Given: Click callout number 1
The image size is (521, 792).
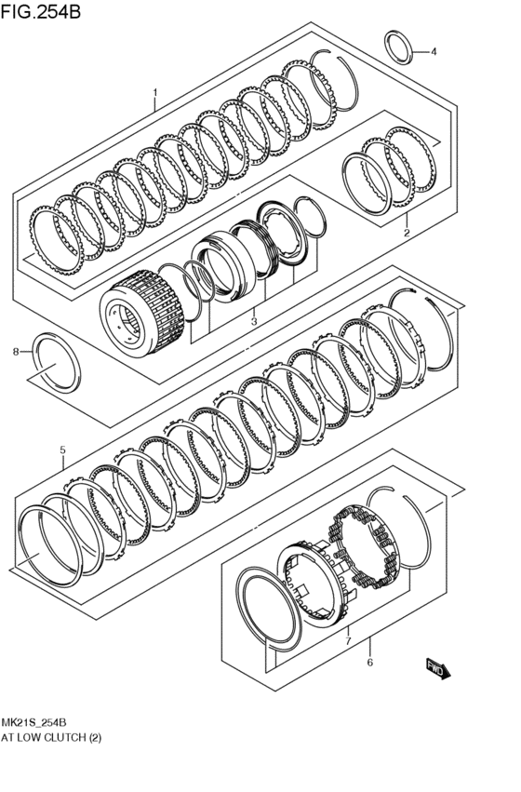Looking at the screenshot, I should pyautogui.click(x=154, y=93).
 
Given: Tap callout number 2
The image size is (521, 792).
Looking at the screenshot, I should pyautogui.click(x=406, y=233).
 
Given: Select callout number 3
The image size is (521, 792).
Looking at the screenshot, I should pyautogui.click(x=252, y=321).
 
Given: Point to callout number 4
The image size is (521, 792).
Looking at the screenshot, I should pyautogui.click(x=433, y=52).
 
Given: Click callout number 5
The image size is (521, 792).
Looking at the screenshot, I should pyautogui.click(x=62, y=451).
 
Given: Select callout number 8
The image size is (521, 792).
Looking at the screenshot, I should pyautogui.click(x=15, y=352).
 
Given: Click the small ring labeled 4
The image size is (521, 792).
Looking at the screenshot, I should pyautogui.click(x=398, y=47).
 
